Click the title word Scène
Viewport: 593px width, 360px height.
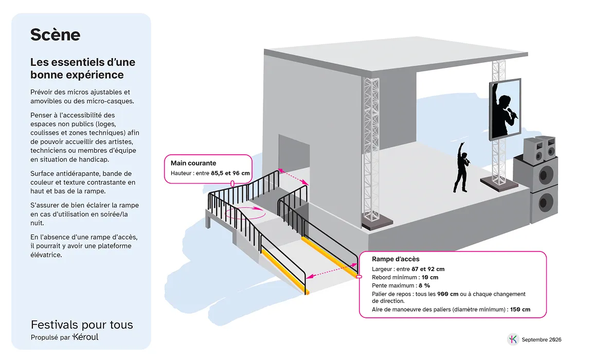tap(55, 35)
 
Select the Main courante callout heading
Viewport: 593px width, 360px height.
tap(193, 163)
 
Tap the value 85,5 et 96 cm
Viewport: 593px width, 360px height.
tap(230, 173)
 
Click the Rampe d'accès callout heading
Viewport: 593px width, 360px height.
tap(396, 259)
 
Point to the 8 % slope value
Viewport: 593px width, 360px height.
tap(424, 285)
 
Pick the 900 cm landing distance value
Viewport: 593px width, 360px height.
tap(448, 294)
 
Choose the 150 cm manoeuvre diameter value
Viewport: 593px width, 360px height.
tap(520, 309)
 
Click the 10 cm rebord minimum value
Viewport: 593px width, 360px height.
tap(430, 277)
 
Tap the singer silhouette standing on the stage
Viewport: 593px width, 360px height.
tap(461, 168)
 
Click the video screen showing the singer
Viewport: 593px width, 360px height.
tap(505, 109)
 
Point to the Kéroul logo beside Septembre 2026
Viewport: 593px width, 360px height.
tap(513, 339)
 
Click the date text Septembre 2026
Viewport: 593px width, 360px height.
tap(541, 339)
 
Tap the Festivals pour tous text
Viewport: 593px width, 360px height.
tap(82, 325)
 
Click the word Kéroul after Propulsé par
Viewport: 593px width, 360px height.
tap(85, 336)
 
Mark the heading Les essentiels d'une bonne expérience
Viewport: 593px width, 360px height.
tap(83, 68)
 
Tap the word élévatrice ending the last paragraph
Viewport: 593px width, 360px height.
tap(46, 255)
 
